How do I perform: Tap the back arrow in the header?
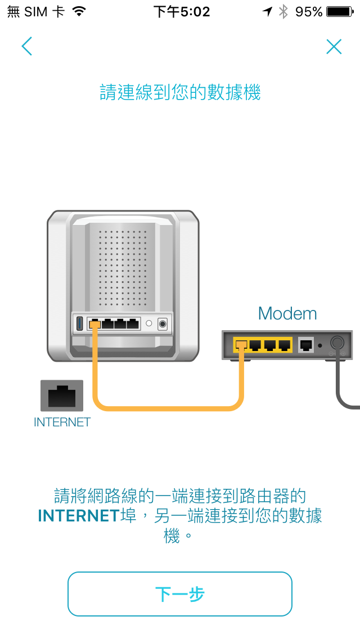26,47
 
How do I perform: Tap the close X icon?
334,47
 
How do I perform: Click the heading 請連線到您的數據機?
180,93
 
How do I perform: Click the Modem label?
287,313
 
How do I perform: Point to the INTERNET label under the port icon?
62,422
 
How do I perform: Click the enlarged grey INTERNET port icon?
62,396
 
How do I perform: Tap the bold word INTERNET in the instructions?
79,516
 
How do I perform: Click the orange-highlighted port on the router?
94,325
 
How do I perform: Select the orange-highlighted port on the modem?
241,344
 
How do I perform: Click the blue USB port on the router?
80,324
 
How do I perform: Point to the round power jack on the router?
163,324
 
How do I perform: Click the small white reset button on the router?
149,324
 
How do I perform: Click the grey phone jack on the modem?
307,344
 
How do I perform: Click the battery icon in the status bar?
340,12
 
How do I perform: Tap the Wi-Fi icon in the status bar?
79,12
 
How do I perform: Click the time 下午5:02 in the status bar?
182,12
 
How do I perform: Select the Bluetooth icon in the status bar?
284,12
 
